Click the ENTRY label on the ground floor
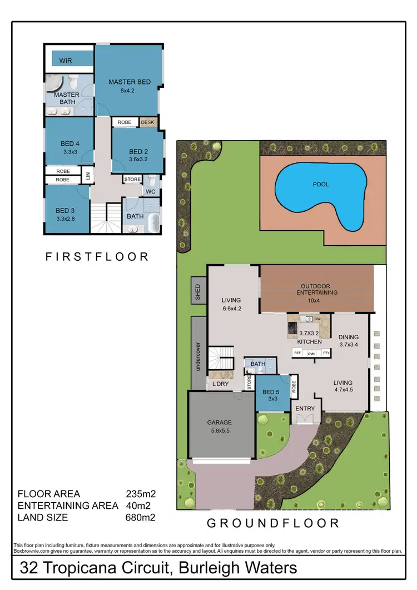coord(305,409)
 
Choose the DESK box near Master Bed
coord(148,122)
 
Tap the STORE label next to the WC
coord(132,180)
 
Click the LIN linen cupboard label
coord(88,176)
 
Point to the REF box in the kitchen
coord(297,353)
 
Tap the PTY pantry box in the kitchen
coord(326,353)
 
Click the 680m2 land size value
coord(140,517)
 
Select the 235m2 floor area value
coord(140,494)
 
